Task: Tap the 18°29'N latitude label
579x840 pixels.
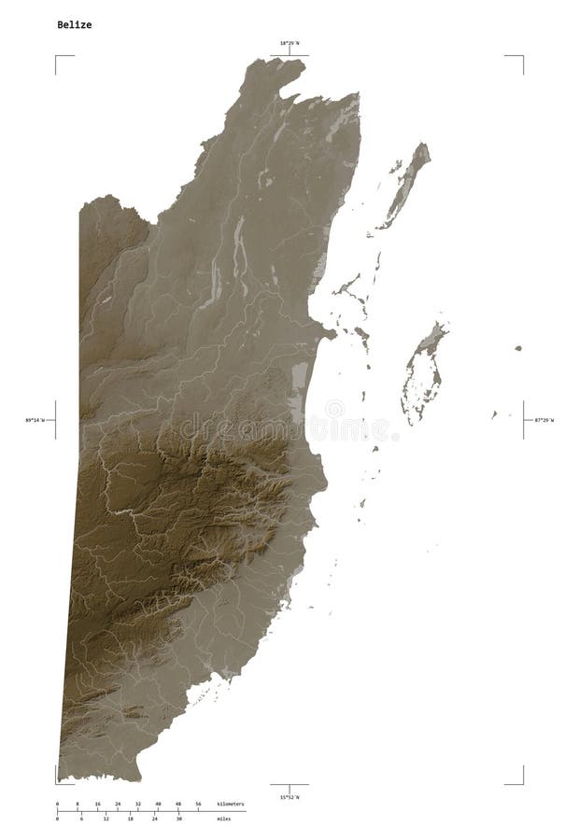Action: click(x=289, y=44)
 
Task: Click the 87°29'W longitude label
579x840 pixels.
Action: click(x=544, y=421)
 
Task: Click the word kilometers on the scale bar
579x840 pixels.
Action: click(x=230, y=804)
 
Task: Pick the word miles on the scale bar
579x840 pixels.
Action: click(x=224, y=819)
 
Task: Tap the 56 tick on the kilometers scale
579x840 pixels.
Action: click(x=198, y=804)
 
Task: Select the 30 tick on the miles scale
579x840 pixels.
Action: click(x=178, y=819)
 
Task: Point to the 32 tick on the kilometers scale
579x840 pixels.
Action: click(x=137, y=804)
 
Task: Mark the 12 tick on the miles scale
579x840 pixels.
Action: click(x=106, y=819)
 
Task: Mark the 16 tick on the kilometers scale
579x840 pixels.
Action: click(x=97, y=804)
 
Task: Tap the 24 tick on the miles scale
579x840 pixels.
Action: click(x=154, y=819)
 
